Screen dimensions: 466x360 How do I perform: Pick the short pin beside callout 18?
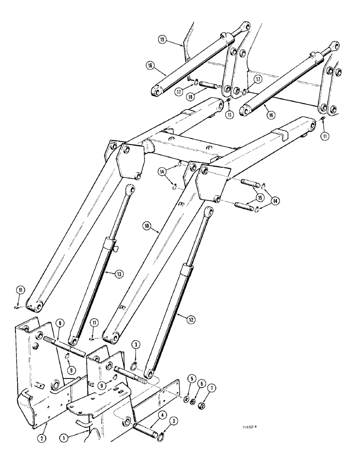[209, 87]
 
